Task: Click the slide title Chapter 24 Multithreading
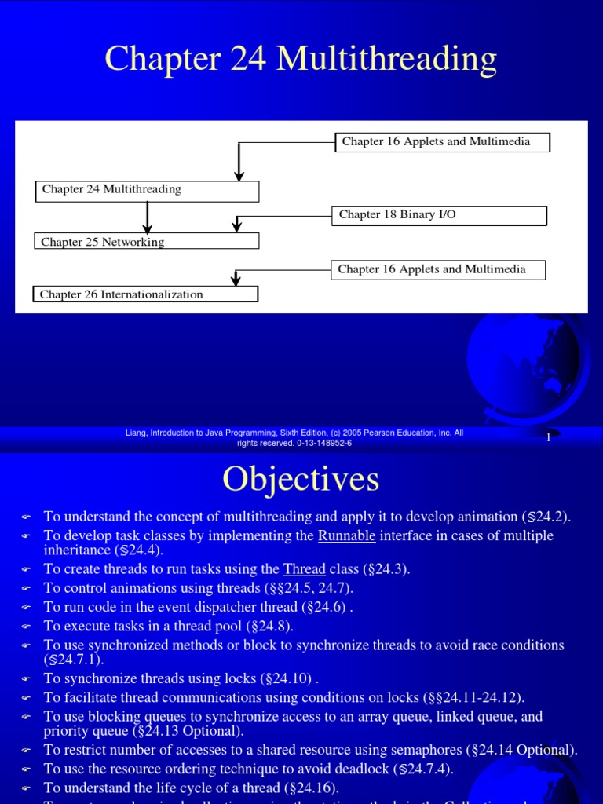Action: point(301,60)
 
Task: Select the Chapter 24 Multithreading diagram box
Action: point(147,190)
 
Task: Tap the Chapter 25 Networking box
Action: point(147,242)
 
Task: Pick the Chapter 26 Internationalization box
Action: point(145,294)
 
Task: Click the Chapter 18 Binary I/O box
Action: point(438,215)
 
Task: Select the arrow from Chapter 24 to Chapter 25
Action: point(148,217)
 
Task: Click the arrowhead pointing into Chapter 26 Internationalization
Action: point(236,280)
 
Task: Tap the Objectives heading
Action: point(301,478)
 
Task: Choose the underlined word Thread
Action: point(304,569)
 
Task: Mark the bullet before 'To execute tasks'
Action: point(26,627)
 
